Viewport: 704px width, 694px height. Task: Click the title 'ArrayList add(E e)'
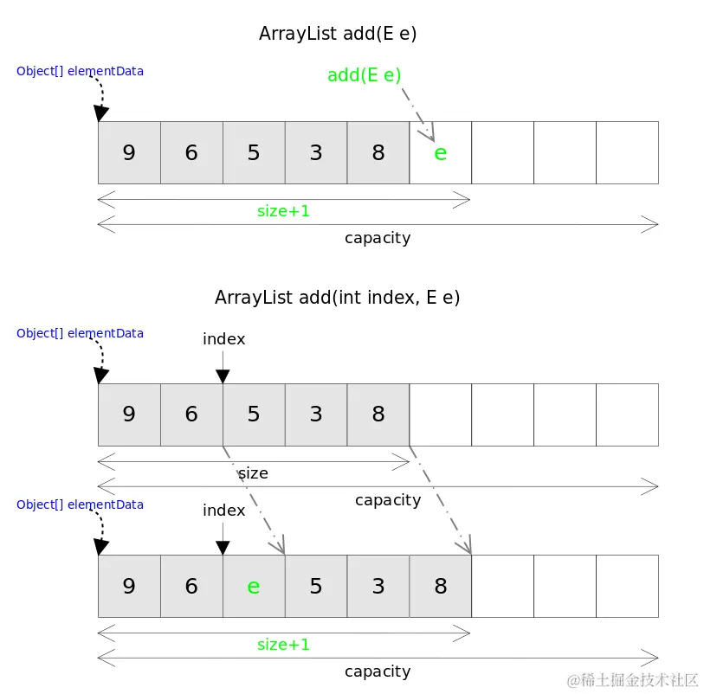coord(339,34)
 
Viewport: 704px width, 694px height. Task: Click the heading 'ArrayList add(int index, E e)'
coord(337,298)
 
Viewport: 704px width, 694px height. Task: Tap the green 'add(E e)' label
coord(365,75)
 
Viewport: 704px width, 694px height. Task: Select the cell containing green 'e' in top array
coord(440,153)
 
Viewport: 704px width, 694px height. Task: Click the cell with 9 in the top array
coord(129,153)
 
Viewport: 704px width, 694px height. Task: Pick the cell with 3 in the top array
coord(316,153)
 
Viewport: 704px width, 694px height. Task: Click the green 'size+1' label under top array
coord(283,210)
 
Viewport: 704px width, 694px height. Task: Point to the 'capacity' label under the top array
coord(378,238)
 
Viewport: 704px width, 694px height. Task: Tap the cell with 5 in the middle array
coord(254,414)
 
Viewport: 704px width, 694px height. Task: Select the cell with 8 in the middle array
coord(378,414)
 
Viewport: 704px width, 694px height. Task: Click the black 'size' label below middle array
coord(253,473)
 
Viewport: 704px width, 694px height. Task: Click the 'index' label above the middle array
coord(223,339)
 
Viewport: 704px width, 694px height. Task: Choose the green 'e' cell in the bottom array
coord(254,586)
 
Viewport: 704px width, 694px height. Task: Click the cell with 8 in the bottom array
coord(440,586)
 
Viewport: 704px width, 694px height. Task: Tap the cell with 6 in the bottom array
coord(191,586)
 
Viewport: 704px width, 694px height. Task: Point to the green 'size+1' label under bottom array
coord(283,645)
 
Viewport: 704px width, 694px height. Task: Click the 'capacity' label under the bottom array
coord(378,672)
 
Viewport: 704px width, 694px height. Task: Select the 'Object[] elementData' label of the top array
coord(80,71)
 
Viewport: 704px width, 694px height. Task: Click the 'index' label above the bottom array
coord(223,511)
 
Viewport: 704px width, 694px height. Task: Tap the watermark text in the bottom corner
coord(632,680)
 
